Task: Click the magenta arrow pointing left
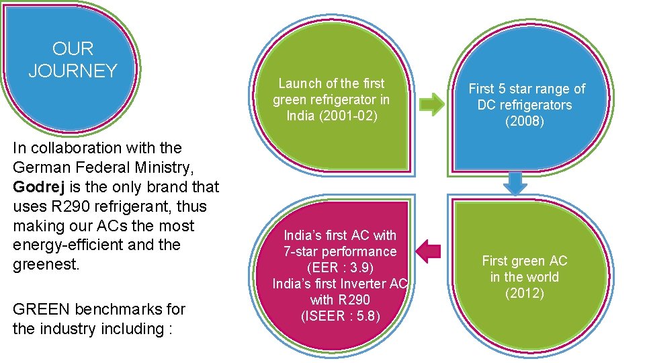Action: (428, 252)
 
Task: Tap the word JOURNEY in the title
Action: (73, 71)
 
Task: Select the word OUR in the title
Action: (73, 49)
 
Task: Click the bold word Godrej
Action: (36, 187)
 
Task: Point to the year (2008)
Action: (525, 121)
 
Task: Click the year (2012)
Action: (524, 293)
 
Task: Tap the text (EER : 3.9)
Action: (340, 268)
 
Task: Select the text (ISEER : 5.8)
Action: (340, 315)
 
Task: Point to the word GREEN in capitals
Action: (41, 309)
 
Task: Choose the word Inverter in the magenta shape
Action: (360, 284)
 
